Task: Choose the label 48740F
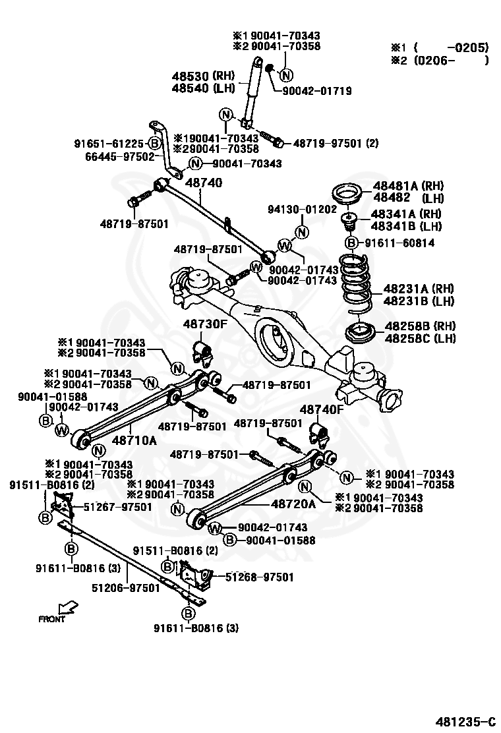click(322, 409)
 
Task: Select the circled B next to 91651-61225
click(154, 143)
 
